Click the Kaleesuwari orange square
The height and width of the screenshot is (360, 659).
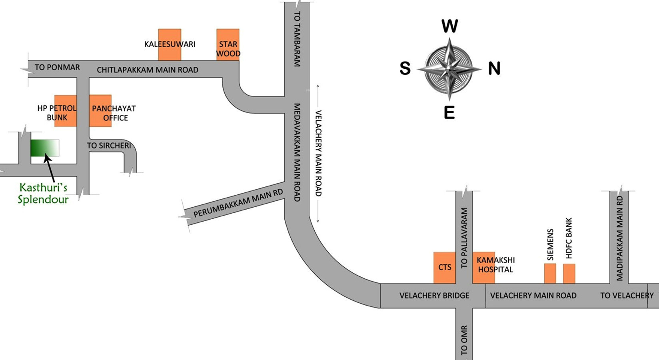pyautogui.click(x=170, y=44)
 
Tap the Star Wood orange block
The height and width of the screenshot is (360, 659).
pyautogui.click(x=228, y=44)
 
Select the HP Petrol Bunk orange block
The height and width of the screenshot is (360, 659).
pyautogui.click(x=65, y=111)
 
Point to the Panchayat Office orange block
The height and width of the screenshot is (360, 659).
pyautogui.click(x=100, y=111)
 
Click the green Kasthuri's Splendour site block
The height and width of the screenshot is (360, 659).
pyautogui.click(x=45, y=148)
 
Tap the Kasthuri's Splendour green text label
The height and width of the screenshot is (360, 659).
pyautogui.click(x=43, y=193)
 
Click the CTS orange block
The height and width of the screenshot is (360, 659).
pyautogui.click(x=444, y=267)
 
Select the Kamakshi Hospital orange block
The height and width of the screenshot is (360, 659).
pyautogui.click(x=484, y=267)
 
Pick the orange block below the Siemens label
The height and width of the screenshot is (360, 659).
pyautogui.click(x=550, y=274)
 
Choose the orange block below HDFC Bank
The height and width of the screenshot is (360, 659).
pyautogui.click(x=569, y=274)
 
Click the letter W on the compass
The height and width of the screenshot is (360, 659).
pyautogui.click(x=449, y=26)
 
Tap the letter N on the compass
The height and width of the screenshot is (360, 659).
pyautogui.click(x=494, y=69)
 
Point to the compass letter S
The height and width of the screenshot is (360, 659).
pyautogui.click(x=405, y=69)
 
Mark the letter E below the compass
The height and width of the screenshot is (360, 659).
pyautogui.click(x=449, y=113)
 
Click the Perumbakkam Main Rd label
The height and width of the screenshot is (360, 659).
pyautogui.click(x=238, y=203)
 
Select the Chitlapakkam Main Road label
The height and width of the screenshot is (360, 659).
pyautogui.click(x=148, y=70)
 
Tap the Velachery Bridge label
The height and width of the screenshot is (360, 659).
pyautogui.click(x=434, y=296)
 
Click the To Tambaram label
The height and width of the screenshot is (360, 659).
pyautogui.click(x=297, y=38)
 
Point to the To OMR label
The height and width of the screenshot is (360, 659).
pyautogui.click(x=464, y=340)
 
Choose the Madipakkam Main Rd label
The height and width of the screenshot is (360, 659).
pyautogui.click(x=619, y=238)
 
